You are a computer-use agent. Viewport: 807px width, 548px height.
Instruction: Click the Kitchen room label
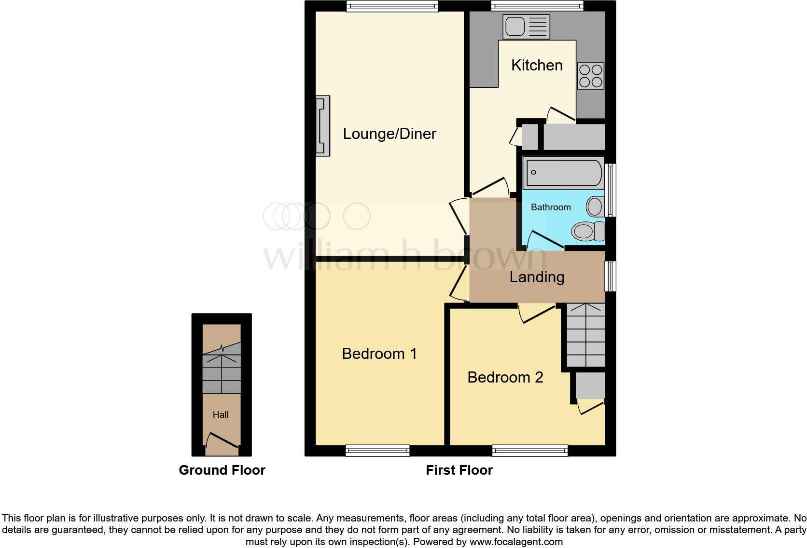(x=537, y=65)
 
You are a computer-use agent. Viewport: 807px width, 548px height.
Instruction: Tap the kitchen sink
(x=526, y=26)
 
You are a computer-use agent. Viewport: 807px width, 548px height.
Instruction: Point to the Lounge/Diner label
(x=390, y=134)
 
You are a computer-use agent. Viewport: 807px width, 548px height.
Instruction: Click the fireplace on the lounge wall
(x=323, y=126)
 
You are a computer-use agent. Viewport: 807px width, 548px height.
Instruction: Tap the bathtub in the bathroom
(x=563, y=173)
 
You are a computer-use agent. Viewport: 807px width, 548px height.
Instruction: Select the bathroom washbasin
(x=595, y=207)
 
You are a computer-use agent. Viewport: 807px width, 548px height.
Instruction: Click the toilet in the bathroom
(x=588, y=231)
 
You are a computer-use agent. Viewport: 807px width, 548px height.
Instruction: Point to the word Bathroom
(x=551, y=207)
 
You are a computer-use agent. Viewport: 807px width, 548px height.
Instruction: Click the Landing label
(x=537, y=277)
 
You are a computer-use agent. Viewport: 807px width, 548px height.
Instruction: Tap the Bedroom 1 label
(x=379, y=354)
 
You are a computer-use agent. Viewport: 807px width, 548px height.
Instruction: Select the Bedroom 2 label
(x=505, y=377)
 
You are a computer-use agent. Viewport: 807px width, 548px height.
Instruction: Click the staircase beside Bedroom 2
(x=585, y=335)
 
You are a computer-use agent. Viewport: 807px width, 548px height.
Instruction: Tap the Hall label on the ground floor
(x=221, y=414)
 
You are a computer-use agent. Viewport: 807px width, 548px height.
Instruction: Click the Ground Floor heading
(x=222, y=470)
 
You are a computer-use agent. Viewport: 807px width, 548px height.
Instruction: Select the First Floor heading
(x=459, y=470)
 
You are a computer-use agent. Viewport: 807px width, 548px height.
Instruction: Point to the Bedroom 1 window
(x=377, y=451)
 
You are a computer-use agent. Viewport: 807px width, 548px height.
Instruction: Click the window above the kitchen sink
(x=537, y=6)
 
